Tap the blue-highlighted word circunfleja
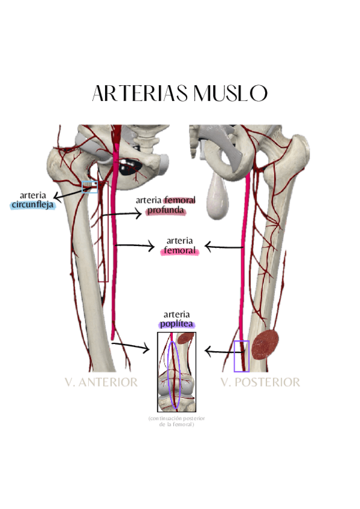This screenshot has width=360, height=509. (32, 205)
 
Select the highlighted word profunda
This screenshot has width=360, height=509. (165, 211)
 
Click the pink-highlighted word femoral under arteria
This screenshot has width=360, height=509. (179, 251)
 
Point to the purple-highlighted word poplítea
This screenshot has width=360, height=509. (177, 324)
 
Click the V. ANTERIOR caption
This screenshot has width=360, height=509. (101, 382)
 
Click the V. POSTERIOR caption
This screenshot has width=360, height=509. (260, 382)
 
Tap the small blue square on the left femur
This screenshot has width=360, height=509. (89, 187)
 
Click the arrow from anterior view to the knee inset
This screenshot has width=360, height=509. (130, 346)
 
